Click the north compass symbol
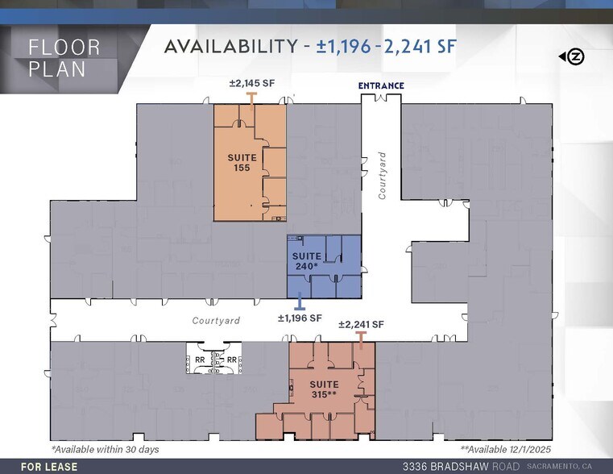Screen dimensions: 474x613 pyautogui.click(x=574, y=56)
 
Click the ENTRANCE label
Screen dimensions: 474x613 pyautogui.click(x=381, y=85)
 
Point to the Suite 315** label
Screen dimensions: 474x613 pyautogui.click(x=325, y=389)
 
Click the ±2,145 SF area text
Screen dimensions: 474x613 pyautogui.click(x=252, y=84)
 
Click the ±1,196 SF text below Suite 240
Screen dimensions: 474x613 pyautogui.click(x=300, y=318)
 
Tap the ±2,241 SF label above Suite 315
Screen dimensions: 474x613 pyautogui.click(x=361, y=324)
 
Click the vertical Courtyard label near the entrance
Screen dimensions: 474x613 pyautogui.click(x=383, y=176)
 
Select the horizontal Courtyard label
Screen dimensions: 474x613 pyautogui.click(x=216, y=321)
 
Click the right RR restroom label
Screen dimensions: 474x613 pyautogui.click(x=231, y=360)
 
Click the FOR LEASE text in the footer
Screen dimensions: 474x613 pyautogui.click(x=49, y=467)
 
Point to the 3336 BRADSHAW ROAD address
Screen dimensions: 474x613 pyautogui.click(x=461, y=467)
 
